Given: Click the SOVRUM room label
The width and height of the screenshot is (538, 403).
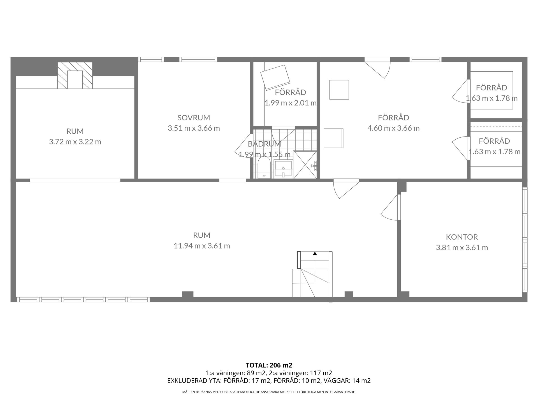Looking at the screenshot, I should pyautogui.click(x=194, y=118).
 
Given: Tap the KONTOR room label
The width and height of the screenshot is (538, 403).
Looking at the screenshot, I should pyautogui.click(x=462, y=237).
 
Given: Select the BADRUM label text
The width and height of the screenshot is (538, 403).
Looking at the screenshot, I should pyautogui.click(x=264, y=144).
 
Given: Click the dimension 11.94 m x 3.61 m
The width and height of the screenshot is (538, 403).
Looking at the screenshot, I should pyautogui.click(x=202, y=246).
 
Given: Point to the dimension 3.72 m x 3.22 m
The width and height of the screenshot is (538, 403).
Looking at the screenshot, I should pyautogui.click(x=75, y=142).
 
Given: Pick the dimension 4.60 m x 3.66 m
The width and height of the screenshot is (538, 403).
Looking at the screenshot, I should pyautogui.click(x=393, y=128).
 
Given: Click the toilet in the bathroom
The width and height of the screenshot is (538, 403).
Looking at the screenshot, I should pyautogui.click(x=263, y=168).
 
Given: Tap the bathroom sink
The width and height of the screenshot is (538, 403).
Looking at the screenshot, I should pyautogui.click(x=283, y=169).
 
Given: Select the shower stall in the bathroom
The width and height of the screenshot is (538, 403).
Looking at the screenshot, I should pyautogui.click(x=305, y=165).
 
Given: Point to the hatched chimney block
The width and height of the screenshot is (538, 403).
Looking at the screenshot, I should pyautogui.click(x=75, y=76).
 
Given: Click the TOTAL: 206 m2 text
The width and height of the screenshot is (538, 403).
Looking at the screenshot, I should pyautogui.click(x=269, y=365).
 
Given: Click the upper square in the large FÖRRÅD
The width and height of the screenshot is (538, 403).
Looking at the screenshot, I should pyautogui.click(x=339, y=90).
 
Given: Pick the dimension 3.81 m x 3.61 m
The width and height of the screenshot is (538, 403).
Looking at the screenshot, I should pyautogui.click(x=462, y=248).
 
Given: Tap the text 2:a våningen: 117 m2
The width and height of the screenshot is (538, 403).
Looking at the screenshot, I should pyautogui.click(x=300, y=373).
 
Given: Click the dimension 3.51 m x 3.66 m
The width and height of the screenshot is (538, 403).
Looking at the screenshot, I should pyautogui.click(x=194, y=128).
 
